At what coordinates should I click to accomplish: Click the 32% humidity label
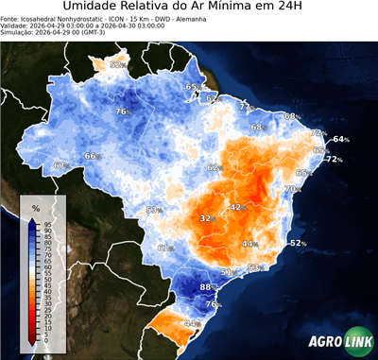tap(206, 219)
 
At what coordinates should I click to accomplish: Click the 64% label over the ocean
tap(340, 140)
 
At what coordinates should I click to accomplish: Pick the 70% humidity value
tap(292, 189)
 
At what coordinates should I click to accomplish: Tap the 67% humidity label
tap(61, 166)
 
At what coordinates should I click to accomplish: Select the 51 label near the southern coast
tap(227, 272)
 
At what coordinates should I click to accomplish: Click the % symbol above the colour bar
tap(35, 207)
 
